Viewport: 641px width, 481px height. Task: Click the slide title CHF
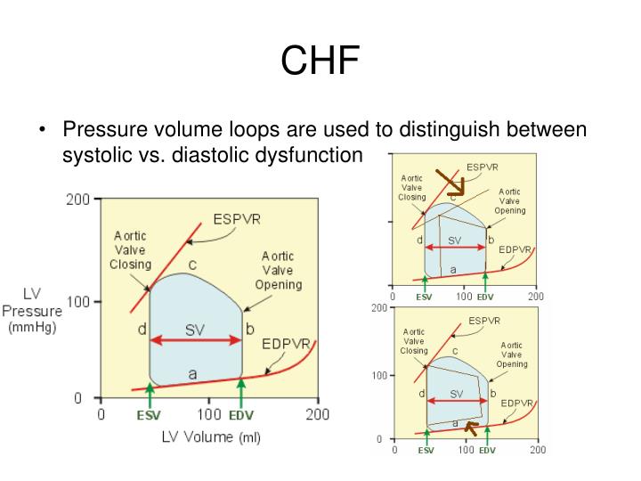(x=320, y=61)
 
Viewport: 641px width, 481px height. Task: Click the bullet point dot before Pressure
(x=44, y=130)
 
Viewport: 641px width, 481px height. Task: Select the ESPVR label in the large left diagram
(x=238, y=218)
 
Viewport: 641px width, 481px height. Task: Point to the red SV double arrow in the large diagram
(x=195, y=338)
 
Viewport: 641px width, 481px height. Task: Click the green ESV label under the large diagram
(x=150, y=414)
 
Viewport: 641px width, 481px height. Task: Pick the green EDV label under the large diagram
(x=241, y=414)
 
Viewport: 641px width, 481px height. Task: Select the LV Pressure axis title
(x=35, y=311)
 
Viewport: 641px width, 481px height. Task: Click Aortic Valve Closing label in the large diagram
(x=130, y=250)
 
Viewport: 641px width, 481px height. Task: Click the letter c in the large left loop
(x=191, y=265)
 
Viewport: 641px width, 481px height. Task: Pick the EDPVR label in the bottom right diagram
(x=516, y=404)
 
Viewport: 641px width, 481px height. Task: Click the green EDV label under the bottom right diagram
(x=486, y=451)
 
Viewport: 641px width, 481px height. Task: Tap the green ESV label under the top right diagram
(x=425, y=297)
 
